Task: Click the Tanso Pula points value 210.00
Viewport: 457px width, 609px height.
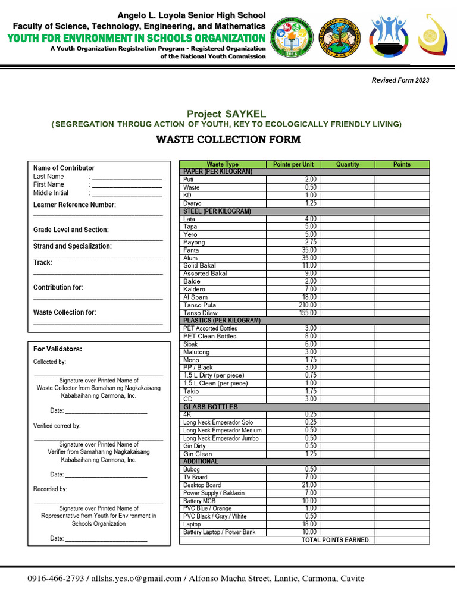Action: click(308, 305)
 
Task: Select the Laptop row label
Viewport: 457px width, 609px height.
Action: click(192, 525)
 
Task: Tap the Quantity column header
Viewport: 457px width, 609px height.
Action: click(348, 164)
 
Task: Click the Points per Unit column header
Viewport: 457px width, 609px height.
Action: click(293, 164)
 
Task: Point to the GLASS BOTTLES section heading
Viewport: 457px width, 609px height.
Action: click(211, 407)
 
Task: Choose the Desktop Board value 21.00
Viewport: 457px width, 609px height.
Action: click(309, 485)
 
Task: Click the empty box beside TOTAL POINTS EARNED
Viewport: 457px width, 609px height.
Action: click(402, 540)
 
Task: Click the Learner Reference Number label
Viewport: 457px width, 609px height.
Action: click(74, 205)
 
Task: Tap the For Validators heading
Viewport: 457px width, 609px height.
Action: click(58, 349)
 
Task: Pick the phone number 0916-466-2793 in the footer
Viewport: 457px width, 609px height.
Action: click(56, 579)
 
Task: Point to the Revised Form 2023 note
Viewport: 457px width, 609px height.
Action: click(400, 80)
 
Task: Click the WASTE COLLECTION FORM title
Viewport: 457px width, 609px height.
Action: click(228, 140)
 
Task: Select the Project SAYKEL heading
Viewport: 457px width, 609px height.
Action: click(226, 114)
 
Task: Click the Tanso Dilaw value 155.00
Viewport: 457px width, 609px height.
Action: click(308, 313)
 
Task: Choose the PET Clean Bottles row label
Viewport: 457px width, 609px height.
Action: click(209, 336)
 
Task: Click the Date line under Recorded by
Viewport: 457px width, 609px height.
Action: click(106, 539)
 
